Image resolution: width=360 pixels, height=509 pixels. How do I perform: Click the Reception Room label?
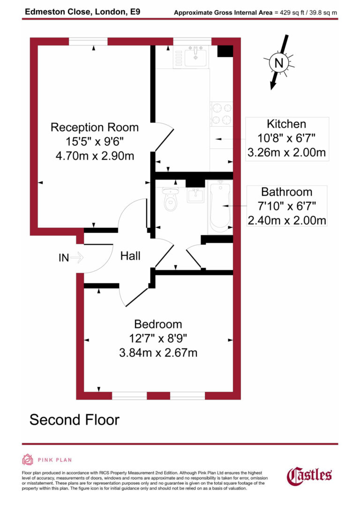click(x=95, y=127)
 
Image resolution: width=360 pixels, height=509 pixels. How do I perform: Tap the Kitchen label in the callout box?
click(x=286, y=124)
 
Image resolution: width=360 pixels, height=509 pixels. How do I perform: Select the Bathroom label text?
click(x=286, y=192)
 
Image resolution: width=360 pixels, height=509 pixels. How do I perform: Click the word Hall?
click(x=130, y=256)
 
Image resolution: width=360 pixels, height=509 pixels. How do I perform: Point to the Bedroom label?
click(x=158, y=324)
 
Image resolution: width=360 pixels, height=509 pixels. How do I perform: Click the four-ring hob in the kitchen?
click(x=221, y=114)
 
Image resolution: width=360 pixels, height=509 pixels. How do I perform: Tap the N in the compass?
click(x=279, y=63)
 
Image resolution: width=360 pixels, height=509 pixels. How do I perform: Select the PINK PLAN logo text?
click(x=54, y=460)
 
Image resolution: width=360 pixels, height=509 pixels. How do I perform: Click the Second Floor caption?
click(x=75, y=419)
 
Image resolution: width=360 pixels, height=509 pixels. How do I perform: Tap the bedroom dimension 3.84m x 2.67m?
click(x=158, y=352)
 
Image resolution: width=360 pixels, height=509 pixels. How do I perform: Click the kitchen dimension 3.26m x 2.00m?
click(x=286, y=152)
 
